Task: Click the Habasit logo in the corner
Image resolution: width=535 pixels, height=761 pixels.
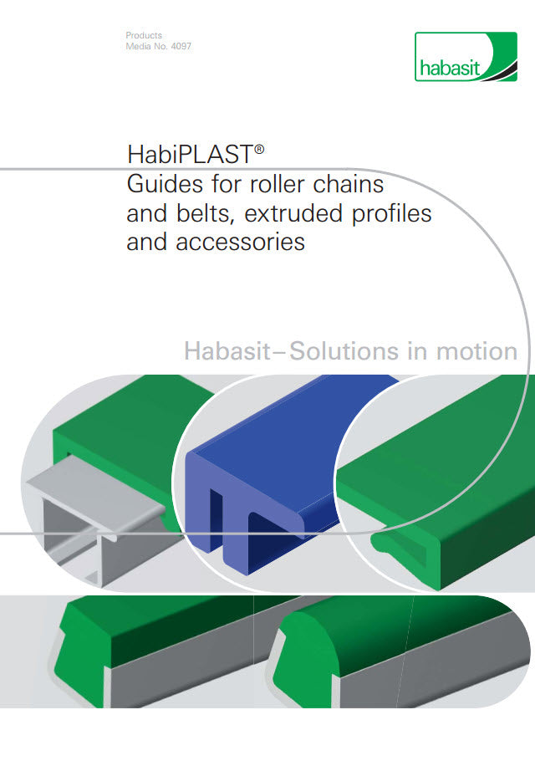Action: click(465, 56)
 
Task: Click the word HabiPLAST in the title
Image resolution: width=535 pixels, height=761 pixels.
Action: click(190, 155)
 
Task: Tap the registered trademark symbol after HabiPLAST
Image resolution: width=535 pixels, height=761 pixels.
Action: click(260, 149)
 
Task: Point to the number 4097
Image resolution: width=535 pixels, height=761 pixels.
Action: click(180, 47)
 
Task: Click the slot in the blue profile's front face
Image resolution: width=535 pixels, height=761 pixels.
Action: click(222, 535)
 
